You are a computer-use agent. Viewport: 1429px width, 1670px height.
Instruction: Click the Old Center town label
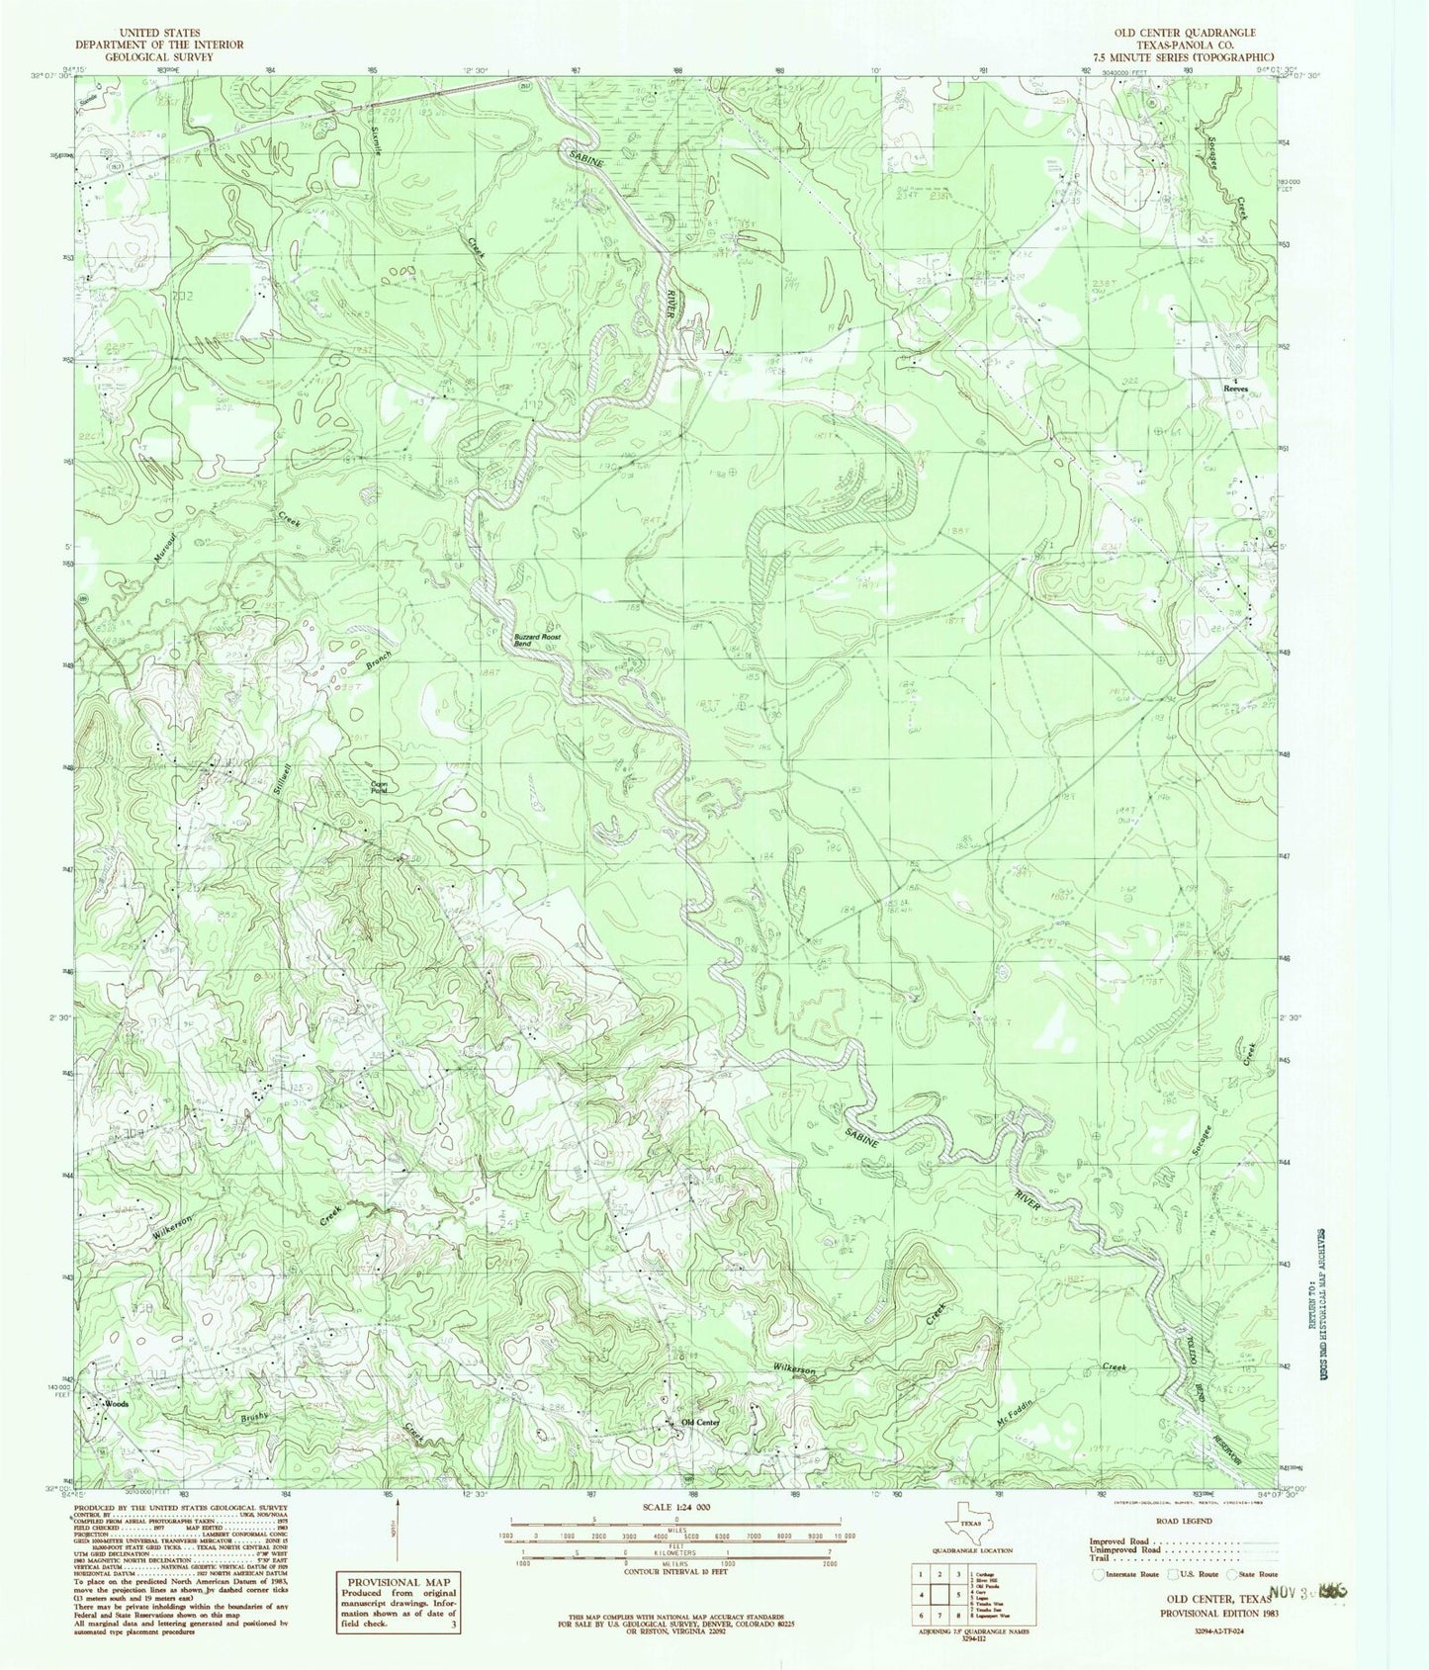click(x=699, y=1422)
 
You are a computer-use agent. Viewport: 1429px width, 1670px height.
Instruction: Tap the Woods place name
click(x=117, y=1403)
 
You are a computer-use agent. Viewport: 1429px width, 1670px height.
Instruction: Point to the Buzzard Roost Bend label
click(x=538, y=641)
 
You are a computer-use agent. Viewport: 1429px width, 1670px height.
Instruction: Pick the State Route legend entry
click(x=1254, y=1574)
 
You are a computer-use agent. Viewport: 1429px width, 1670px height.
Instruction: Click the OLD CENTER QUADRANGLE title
click(x=1184, y=33)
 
